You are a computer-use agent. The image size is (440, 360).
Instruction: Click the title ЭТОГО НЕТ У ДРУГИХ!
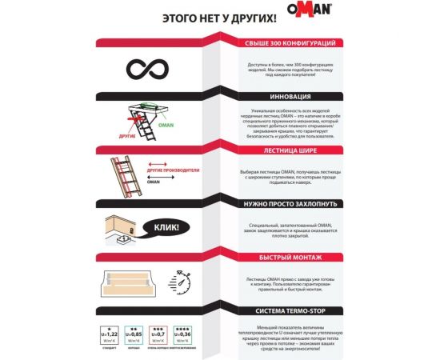click(218, 16)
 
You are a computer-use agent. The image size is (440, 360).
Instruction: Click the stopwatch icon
click(180, 282)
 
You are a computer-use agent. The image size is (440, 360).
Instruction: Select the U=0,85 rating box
click(135, 332)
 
